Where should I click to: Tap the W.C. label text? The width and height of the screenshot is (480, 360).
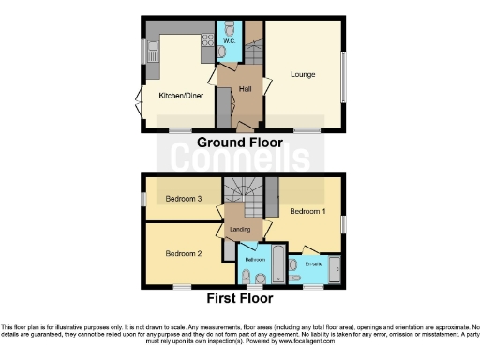tap(228, 42)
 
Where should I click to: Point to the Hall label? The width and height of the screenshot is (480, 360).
tap(246, 88)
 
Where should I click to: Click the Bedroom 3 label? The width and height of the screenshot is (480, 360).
tap(184, 199)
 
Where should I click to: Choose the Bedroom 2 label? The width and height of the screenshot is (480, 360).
tap(184, 253)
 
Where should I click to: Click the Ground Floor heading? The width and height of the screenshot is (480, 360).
tap(239, 142)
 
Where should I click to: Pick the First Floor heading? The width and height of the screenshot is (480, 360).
tap(240, 299)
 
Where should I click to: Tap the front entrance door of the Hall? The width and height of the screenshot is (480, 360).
tap(243, 124)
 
